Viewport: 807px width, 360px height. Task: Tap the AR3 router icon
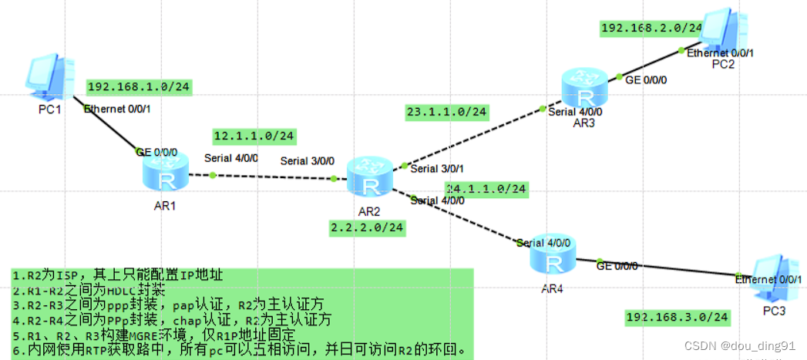coord(584,87)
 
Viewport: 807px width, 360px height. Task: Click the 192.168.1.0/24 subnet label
coord(139,87)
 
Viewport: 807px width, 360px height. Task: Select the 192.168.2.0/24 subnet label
coord(652,28)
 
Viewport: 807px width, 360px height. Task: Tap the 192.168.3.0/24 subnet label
coord(677,317)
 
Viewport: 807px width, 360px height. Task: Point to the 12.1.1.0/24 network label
coord(254,136)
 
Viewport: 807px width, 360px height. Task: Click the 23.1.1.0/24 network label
coord(447,113)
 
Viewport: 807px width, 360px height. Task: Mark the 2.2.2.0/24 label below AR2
coord(368,227)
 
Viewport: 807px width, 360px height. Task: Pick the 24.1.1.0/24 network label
coord(486,188)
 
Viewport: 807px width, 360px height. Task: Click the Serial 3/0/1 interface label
coord(437,168)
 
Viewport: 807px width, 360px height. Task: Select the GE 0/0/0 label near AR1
coord(156,152)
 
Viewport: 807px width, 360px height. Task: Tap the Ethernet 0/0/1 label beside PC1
coord(117,109)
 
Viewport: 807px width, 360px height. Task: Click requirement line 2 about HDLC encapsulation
coord(89,290)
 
